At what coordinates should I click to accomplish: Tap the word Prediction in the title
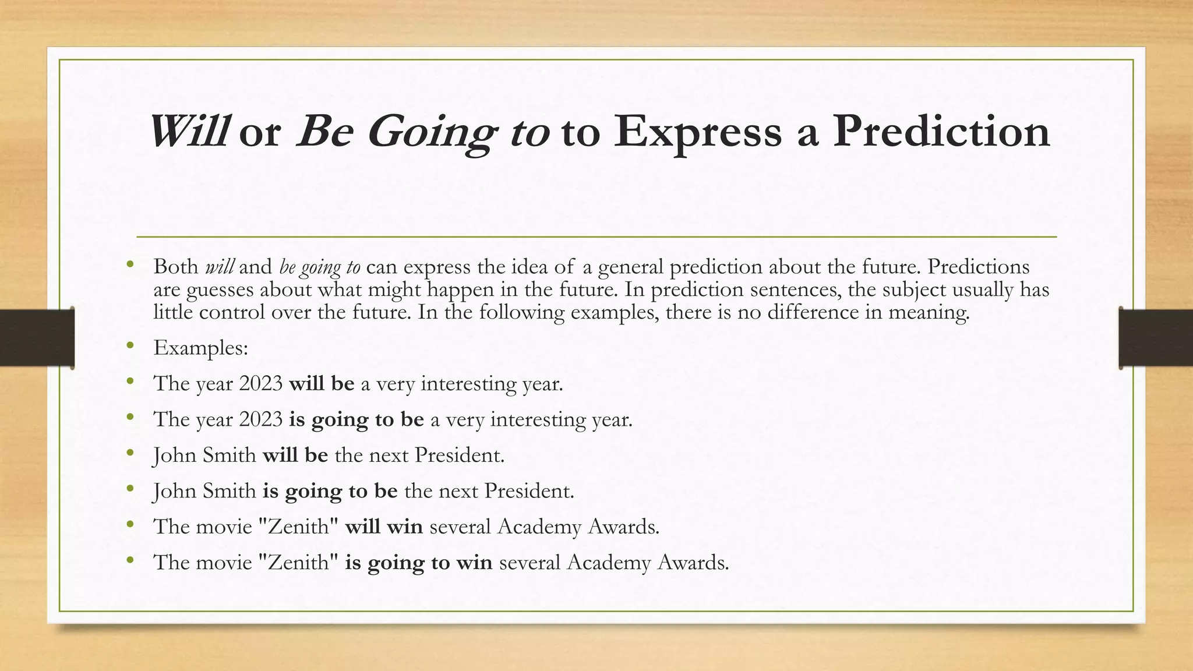tap(941, 132)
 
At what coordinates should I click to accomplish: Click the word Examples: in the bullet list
tap(201, 348)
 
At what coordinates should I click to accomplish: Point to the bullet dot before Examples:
tap(130, 346)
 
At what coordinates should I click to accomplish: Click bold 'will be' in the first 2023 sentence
tap(322, 384)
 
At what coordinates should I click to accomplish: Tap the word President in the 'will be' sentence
tap(458, 455)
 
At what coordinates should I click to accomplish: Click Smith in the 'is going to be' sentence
tap(229, 491)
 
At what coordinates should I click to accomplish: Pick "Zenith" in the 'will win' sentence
tap(298, 527)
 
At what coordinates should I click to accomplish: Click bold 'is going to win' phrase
tap(418, 563)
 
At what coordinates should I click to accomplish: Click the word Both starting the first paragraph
tap(176, 267)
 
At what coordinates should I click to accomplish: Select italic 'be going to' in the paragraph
tap(320, 267)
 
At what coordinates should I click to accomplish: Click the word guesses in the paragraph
tap(220, 289)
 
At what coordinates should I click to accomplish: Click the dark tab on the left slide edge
tap(36, 338)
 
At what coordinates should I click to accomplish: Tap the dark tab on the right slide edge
tap(1156, 338)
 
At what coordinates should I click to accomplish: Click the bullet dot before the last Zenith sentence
tap(130, 560)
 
